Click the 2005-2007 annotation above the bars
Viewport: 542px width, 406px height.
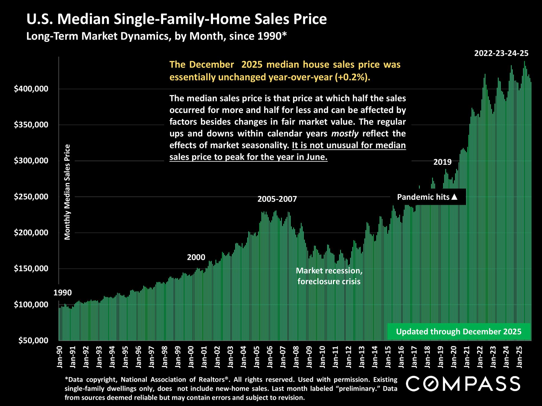coord(277,199)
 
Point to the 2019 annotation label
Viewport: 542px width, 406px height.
coord(443,162)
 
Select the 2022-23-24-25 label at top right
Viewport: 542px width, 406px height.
coord(501,53)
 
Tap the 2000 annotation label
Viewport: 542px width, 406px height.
coord(196,257)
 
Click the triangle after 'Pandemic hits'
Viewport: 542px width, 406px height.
coord(454,197)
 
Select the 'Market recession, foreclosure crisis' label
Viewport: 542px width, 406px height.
coord(329,276)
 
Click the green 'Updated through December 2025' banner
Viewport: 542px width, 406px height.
coord(459,331)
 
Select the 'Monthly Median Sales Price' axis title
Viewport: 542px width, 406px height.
coord(67,192)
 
